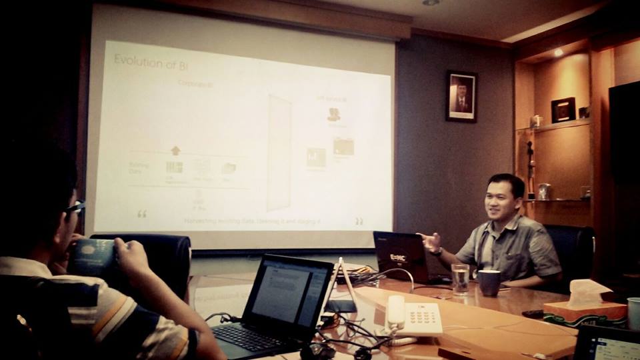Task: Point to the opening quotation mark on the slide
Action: point(141,213)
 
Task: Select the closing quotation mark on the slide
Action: point(359,221)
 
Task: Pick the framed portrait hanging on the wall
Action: point(461,96)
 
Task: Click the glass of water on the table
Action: point(460,279)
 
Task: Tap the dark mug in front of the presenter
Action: point(489,283)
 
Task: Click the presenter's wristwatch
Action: point(437,251)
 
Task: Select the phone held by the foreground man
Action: point(93,257)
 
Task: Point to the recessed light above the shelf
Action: point(558,52)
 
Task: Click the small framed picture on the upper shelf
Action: point(563,110)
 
